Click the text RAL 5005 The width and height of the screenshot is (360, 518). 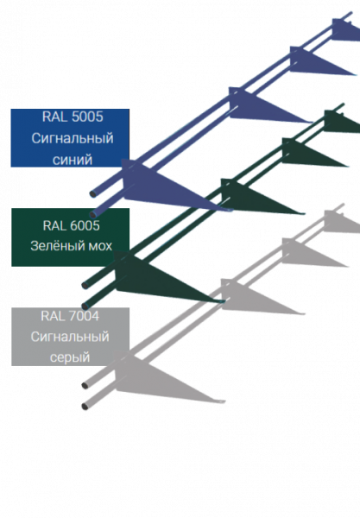[x=73, y=117]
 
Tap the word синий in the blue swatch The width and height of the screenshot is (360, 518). [x=73, y=160]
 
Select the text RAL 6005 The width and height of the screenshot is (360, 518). [x=71, y=225]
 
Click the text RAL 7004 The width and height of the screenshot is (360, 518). [x=70, y=316]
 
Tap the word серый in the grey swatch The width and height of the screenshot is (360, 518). [x=70, y=357]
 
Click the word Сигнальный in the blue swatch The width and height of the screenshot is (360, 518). [x=73, y=138]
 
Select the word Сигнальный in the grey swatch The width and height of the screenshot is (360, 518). [x=70, y=337]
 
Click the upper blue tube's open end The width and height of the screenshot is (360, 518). [x=93, y=194]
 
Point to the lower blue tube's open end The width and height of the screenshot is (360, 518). [x=93, y=214]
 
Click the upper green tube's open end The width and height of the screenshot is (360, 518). [x=85, y=286]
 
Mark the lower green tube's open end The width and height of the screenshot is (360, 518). [x=85, y=306]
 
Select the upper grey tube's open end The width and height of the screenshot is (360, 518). [x=85, y=386]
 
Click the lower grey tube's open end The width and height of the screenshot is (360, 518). [x=85, y=406]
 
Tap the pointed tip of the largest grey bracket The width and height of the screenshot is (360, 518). [x=224, y=401]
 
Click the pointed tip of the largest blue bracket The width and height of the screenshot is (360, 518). [x=232, y=210]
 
